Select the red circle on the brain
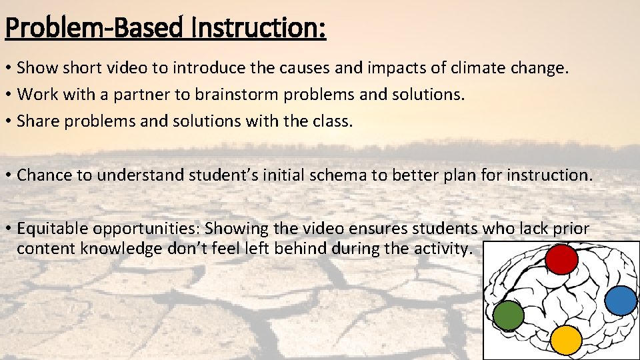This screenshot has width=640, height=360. pyautogui.click(x=561, y=260)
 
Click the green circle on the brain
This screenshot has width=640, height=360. pyautogui.click(x=509, y=315)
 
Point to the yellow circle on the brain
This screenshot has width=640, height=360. pyautogui.click(x=567, y=340)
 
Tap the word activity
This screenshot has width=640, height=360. pyautogui.click(x=446, y=249)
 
